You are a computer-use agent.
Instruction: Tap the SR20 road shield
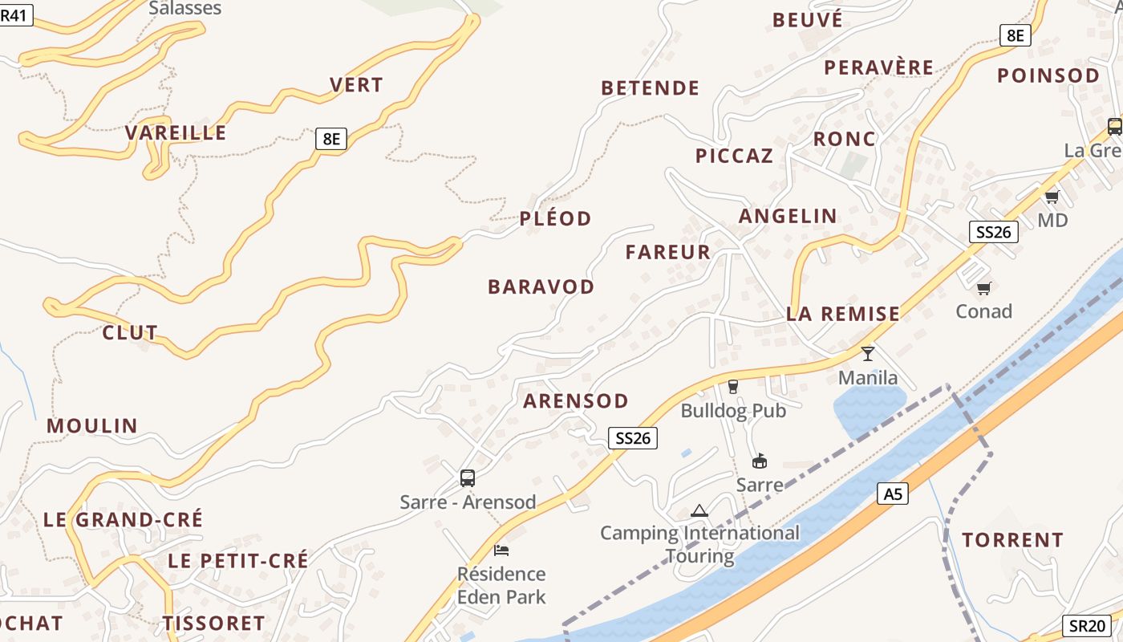[1088, 626]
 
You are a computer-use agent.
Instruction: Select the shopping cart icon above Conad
[983, 288]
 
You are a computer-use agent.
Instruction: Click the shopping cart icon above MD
[1052, 197]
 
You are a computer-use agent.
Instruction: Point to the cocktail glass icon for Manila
[867, 353]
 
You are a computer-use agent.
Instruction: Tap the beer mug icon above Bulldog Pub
[732, 387]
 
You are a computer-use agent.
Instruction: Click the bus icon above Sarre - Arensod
[468, 478]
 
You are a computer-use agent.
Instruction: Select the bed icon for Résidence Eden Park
[501, 551]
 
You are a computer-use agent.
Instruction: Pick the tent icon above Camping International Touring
[699, 510]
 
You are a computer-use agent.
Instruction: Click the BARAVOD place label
[541, 286]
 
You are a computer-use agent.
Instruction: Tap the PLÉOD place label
[556, 218]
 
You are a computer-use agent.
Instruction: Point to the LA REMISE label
[843, 314]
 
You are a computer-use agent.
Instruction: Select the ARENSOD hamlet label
[576, 401]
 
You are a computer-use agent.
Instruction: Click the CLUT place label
[130, 332]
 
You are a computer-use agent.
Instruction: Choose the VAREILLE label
[176, 133]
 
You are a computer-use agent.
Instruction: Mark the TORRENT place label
[1013, 540]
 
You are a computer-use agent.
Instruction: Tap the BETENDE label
[651, 88]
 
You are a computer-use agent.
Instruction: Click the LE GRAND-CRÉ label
[124, 519]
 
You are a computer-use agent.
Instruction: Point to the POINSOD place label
[1048, 75]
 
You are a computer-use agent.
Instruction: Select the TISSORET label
[214, 624]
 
